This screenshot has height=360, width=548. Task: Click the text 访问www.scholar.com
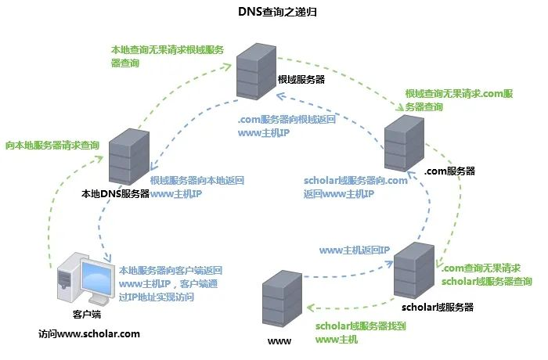click(89, 333)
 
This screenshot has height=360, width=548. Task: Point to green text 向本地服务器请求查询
click(52, 145)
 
